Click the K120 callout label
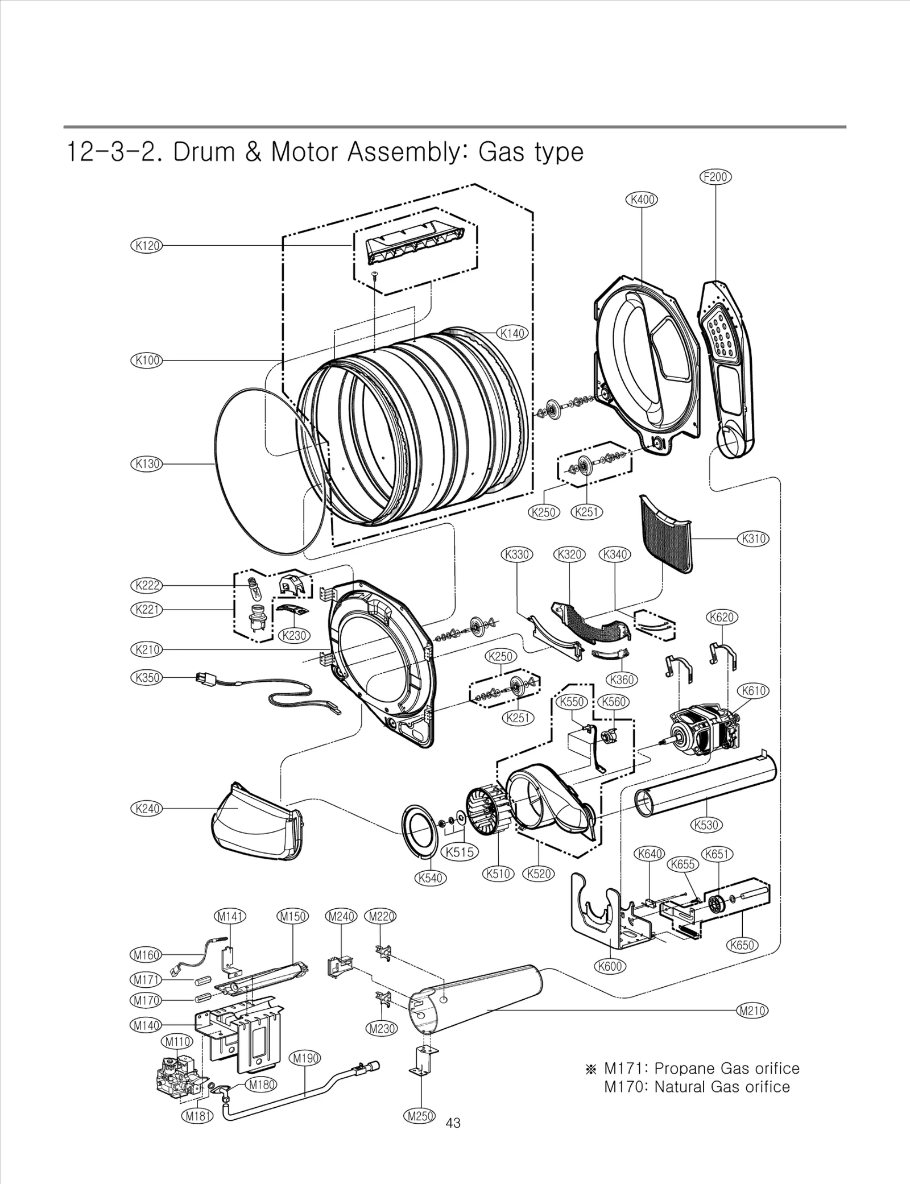click(x=147, y=246)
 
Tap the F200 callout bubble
click(x=715, y=177)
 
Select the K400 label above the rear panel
click(x=642, y=200)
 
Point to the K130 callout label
click(x=147, y=463)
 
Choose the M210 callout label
click(x=752, y=1011)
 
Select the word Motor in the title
click(x=305, y=152)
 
